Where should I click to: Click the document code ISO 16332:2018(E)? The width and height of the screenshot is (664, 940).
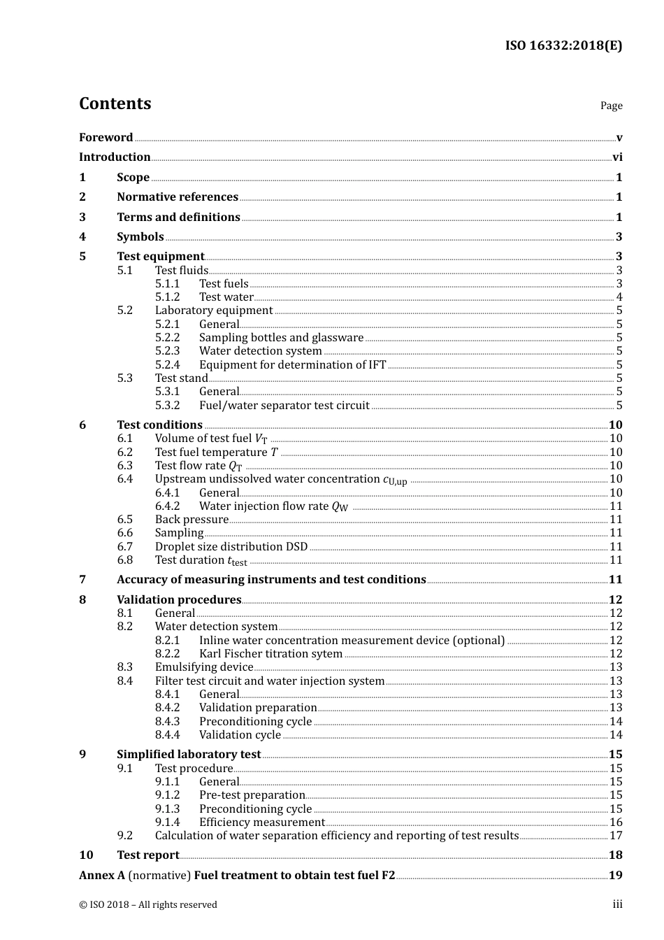tap(563, 45)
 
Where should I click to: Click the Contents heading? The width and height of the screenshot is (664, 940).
tap(115, 104)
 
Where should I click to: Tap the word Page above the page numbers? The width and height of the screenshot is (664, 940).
tap(611, 106)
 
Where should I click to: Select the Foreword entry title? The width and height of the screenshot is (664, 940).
tap(106, 138)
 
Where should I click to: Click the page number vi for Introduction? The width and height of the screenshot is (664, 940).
tap(617, 157)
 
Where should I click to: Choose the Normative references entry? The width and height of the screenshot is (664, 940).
tap(178, 197)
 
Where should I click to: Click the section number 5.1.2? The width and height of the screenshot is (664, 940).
tap(167, 297)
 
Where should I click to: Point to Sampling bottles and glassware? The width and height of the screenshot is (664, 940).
tap(281, 338)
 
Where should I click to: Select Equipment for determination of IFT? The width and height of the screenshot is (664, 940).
tap(292, 365)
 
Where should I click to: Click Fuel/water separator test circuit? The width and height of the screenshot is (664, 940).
tap(284, 406)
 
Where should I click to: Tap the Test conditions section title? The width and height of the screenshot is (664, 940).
tap(159, 425)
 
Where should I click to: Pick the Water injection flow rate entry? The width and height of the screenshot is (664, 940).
tap(273, 506)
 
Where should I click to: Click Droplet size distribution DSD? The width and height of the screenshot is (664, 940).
tap(231, 547)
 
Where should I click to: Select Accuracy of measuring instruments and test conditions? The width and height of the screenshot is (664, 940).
tap(271, 580)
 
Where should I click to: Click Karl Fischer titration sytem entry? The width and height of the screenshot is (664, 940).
tap(270, 654)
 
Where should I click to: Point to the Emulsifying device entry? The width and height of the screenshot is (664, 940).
tap(203, 667)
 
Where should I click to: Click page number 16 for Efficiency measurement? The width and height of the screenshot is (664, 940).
tap(616, 822)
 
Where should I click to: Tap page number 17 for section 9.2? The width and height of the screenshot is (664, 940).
tap(616, 836)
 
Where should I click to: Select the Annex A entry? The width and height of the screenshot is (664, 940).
tap(237, 876)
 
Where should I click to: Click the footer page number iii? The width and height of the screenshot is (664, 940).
tap(617, 904)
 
